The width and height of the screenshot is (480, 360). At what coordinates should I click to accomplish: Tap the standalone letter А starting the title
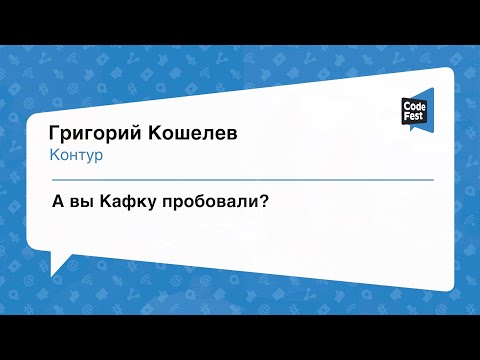[x=58, y=201]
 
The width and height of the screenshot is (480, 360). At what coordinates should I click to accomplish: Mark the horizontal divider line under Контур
[x=240, y=179]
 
